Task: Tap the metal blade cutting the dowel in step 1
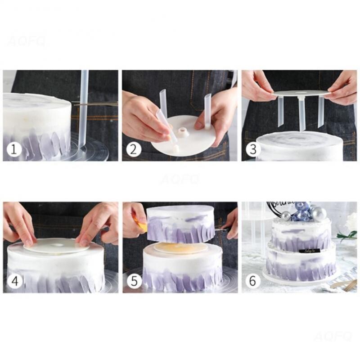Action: click(x=97, y=104)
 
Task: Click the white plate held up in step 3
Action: click(x=301, y=93)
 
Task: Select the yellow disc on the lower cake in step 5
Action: click(x=180, y=248)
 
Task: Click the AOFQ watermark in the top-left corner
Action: click(x=27, y=42)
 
